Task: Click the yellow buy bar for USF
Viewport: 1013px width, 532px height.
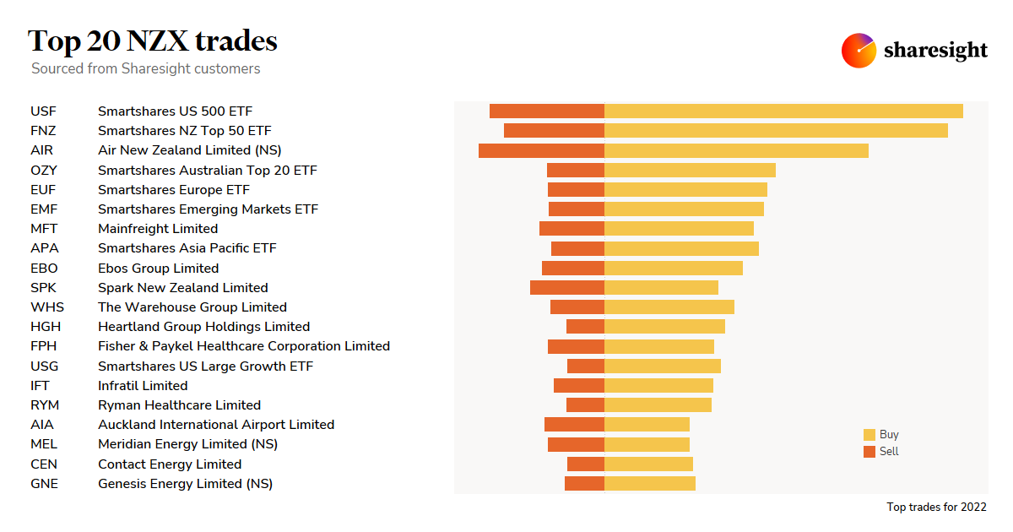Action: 783,111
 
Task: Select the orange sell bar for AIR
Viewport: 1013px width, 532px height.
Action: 541,150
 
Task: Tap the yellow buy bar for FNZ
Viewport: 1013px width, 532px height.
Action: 776,130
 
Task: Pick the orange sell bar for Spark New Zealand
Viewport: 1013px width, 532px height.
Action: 567,287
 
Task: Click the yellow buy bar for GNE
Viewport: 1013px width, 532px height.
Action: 650,483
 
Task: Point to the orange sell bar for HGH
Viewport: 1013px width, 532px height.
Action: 585,326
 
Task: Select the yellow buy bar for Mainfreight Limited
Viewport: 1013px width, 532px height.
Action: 679,228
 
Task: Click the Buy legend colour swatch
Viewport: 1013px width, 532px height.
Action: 869,435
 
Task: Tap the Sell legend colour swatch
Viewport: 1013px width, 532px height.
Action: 869,452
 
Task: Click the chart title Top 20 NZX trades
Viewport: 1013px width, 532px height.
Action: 153,41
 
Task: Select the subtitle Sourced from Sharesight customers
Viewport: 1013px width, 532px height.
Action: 146,68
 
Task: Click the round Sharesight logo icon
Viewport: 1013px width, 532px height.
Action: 859,51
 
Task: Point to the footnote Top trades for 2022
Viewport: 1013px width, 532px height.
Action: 936,507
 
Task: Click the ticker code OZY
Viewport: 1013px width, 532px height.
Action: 44,170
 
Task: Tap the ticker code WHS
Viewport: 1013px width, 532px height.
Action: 47,307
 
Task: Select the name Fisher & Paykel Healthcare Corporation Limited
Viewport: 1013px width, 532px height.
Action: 244,346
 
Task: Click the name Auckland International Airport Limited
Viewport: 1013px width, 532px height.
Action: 216,425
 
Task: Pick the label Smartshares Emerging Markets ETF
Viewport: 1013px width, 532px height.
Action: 208,209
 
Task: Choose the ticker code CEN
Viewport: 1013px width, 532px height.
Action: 44,464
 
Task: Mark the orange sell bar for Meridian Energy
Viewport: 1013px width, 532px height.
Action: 576,444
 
